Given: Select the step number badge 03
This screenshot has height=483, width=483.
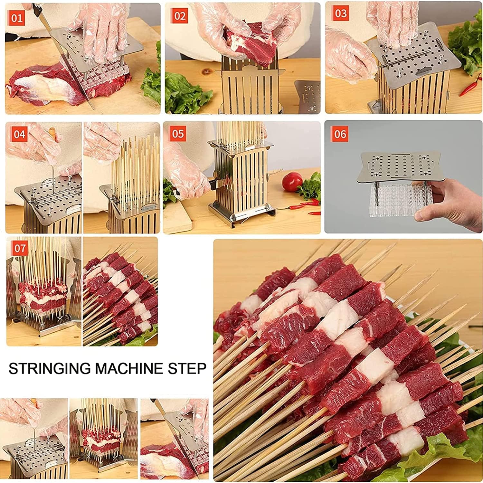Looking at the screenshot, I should tap(340, 14).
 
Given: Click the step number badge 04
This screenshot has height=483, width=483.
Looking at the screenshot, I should tap(19, 134).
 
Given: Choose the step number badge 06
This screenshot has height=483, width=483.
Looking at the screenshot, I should tap(340, 133).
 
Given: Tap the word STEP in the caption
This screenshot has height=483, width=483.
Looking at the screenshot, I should tap(187, 368).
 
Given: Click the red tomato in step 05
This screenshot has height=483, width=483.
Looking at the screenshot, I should tap(291, 182).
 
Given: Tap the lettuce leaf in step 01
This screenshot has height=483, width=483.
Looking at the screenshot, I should tap(151, 80).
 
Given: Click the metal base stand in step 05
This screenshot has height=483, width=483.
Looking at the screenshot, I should tap(241, 214).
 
